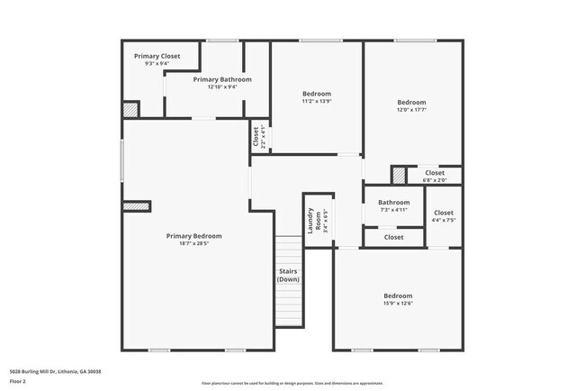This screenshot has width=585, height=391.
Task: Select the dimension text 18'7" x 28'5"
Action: click(x=193, y=244)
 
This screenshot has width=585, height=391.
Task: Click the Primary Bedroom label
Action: click(x=193, y=236)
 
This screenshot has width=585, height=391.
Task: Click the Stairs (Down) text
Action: click(x=288, y=275)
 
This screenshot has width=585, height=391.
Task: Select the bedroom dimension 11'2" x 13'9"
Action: click(x=316, y=103)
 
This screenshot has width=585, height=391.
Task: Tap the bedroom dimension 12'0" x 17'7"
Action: click(x=411, y=111)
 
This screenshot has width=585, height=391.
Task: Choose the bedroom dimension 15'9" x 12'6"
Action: click(x=398, y=305)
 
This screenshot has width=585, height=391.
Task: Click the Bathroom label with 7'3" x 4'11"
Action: click(x=393, y=206)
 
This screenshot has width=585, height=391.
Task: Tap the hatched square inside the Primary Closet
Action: click(x=130, y=109)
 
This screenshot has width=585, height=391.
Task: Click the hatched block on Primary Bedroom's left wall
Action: click(x=136, y=206)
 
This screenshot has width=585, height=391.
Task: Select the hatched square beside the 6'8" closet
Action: click(x=398, y=176)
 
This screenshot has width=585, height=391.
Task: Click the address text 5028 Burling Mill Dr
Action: click(x=55, y=371)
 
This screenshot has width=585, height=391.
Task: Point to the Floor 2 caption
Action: click(x=19, y=382)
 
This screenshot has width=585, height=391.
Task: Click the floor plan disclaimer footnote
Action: click(x=292, y=383)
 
